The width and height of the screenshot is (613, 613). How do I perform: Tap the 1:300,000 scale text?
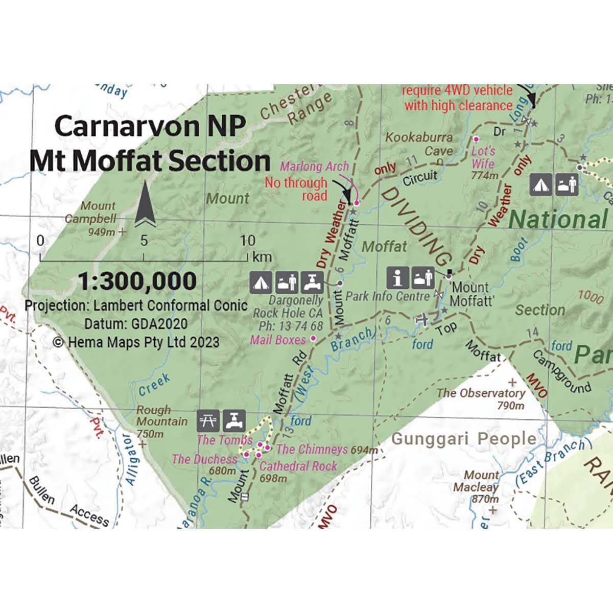pyautogui.click(x=137, y=281)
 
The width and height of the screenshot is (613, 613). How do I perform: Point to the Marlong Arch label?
pyautogui.click(x=315, y=166)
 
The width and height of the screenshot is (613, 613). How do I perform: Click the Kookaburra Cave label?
pyautogui.click(x=419, y=144)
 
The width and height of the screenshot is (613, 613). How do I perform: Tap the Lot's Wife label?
pyautogui.click(x=483, y=157)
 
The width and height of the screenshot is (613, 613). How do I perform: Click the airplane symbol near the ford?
pyautogui.click(x=421, y=319)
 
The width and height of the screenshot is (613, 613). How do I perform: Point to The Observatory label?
pyautogui.click(x=481, y=393)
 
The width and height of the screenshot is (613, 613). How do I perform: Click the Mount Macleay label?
pyautogui.click(x=476, y=481)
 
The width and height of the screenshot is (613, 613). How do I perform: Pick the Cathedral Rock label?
pyautogui.click(x=298, y=466)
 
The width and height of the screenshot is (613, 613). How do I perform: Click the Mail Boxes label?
pyautogui.click(x=278, y=340)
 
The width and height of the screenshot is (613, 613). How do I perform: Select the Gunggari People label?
pyautogui.click(x=463, y=439)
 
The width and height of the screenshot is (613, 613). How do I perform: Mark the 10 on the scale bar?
pyautogui.click(x=248, y=241)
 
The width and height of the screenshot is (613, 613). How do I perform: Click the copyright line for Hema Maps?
pyautogui.click(x=136, y=342)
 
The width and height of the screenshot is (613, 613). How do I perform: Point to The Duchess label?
pyautogui.click(x=204, y=459)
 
